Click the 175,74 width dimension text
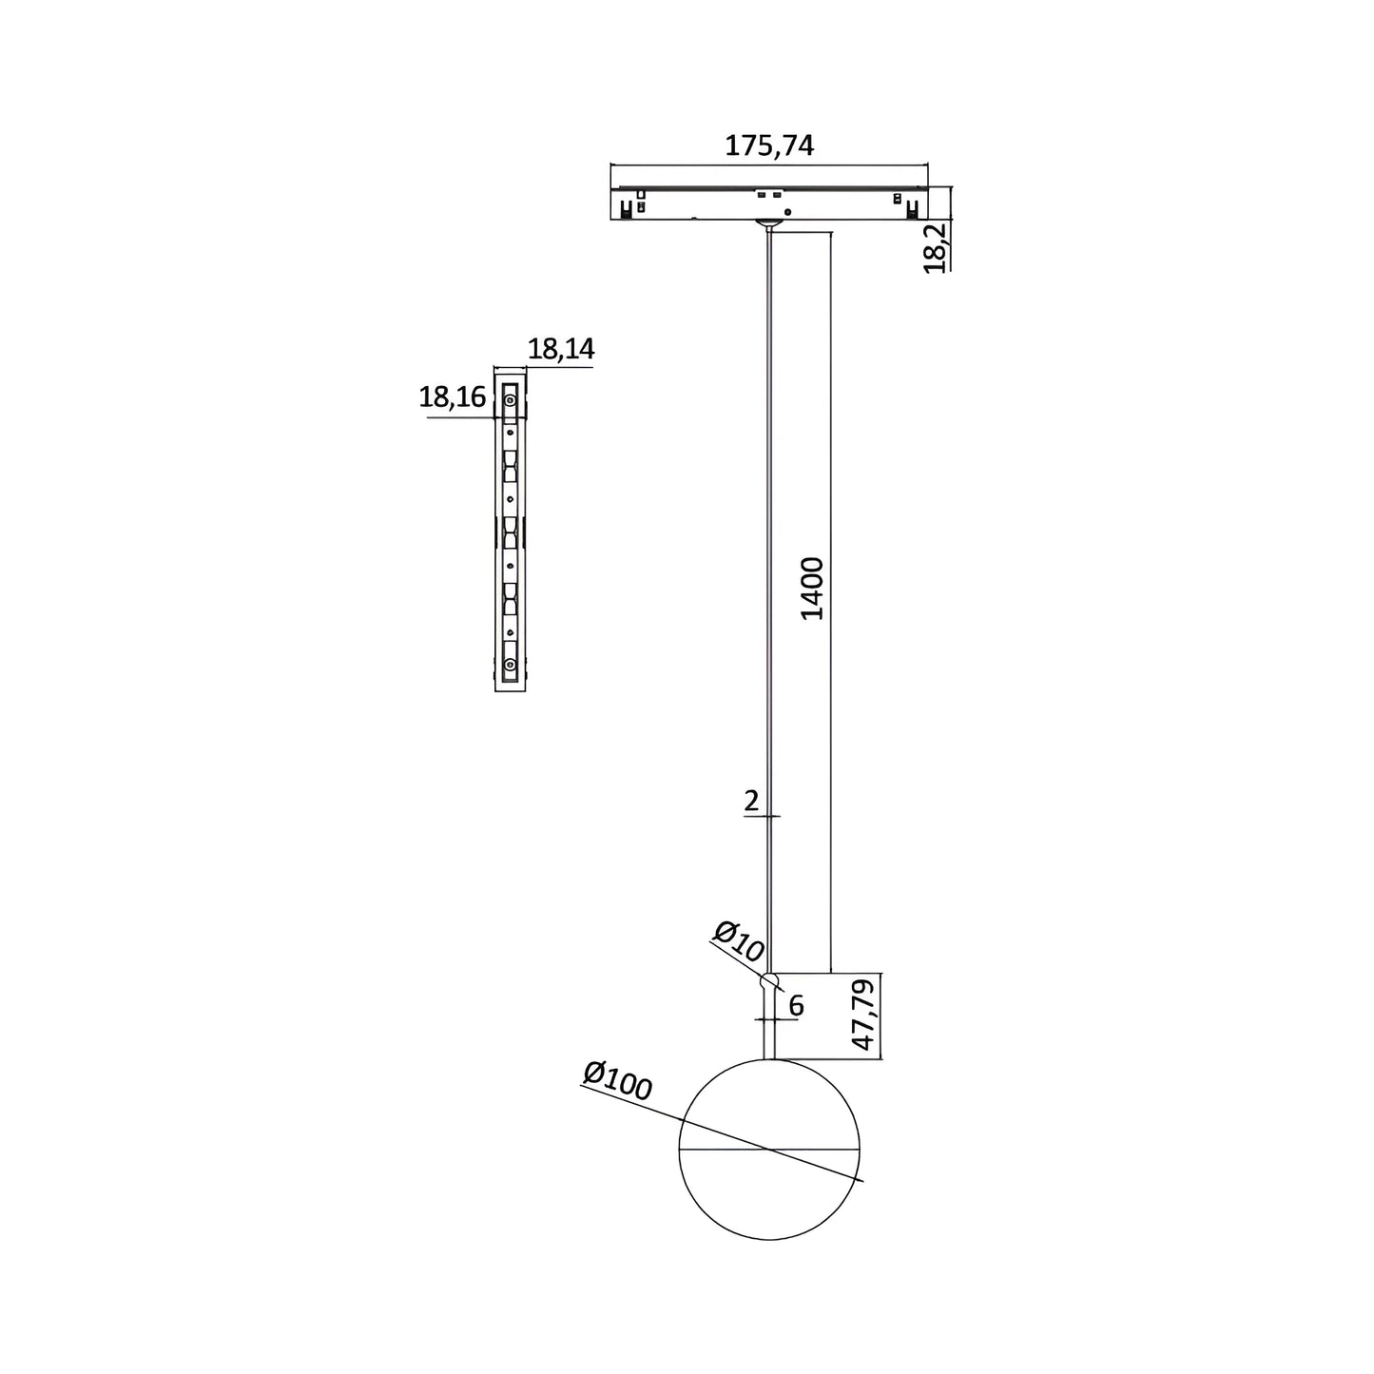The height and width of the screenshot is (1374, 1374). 768,145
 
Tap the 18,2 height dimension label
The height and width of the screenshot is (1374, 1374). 934,248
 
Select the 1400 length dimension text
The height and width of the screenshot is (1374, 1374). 811,589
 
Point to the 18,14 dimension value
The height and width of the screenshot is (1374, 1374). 560,349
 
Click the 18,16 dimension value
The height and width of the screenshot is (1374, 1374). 452,397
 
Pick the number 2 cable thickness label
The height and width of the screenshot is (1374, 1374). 751,802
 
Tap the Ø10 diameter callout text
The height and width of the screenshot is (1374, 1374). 739,941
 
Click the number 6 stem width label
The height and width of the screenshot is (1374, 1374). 797,1005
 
